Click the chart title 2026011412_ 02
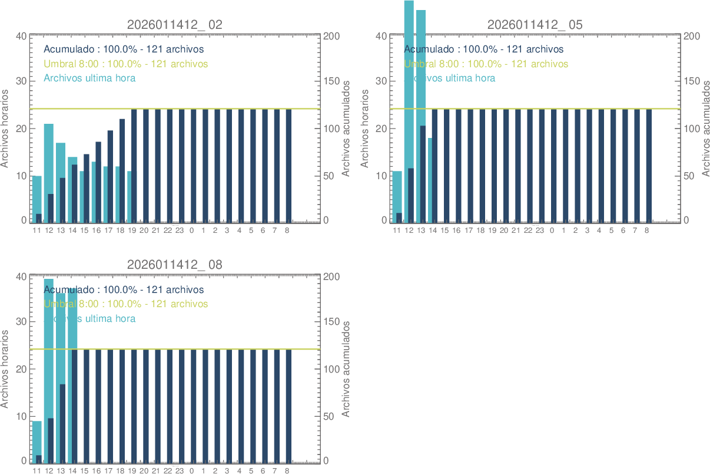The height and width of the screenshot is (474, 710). click(174, 25)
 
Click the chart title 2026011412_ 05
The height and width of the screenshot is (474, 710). click(535, 25)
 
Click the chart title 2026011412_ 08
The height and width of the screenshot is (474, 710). click(174, 265)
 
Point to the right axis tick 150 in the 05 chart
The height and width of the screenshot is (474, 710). click(692, 81)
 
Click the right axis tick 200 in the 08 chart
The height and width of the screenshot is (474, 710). click(332, 276)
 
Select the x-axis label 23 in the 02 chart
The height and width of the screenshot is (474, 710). click(180, 231)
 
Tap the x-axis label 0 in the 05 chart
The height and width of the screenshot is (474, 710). click(552, 231)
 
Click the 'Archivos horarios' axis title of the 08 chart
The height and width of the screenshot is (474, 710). click(6, 368)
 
